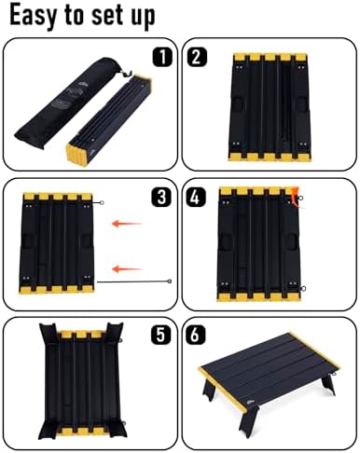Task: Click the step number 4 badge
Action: [195, 198]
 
